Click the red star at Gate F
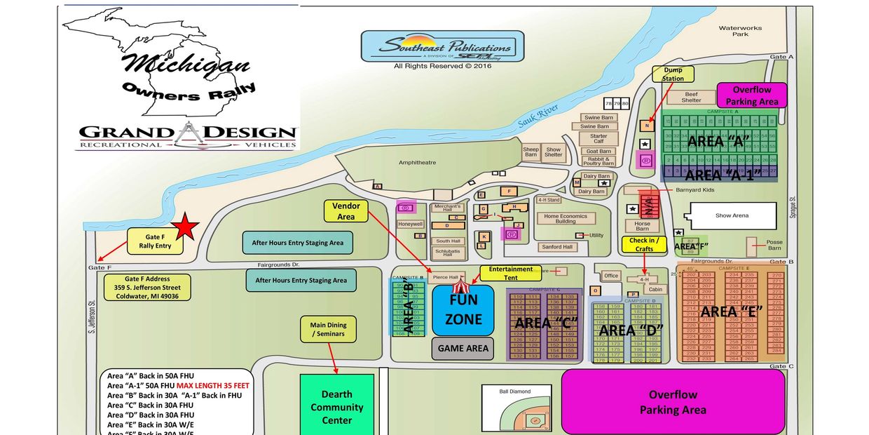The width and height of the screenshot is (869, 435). pyautogui.click(x=186, y=227)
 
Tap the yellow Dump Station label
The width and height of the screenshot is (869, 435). pyautogui.click(x=673, y=74)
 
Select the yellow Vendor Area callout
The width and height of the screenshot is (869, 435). pyautogui.click(x=346, y=211)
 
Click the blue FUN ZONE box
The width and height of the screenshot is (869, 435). pyautogui.click(x=463, y=309)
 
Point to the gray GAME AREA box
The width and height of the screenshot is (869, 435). pyautogui.click(x=463, y=348)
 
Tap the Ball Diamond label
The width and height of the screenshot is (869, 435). pyautogui.click(x=515, y=391)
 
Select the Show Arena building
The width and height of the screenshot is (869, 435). pyautogui.click(x=732, y=215)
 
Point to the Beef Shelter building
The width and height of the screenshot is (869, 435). pyautogui.click(x=691, y=97)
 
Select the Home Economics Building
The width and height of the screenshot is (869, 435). pyautogui.click(x=566, y=219)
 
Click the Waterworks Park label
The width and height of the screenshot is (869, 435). pyautogui.click(x=740, y=31)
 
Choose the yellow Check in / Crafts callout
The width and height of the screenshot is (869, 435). pyautogui.click(x=644, y=244)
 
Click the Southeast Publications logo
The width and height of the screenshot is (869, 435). pyautogui.click(x=442, y=47)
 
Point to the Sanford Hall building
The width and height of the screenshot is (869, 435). pyautogui.click(x=557, y=247)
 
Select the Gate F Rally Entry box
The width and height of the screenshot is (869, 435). pyautogui.click(x=155, y=241)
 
